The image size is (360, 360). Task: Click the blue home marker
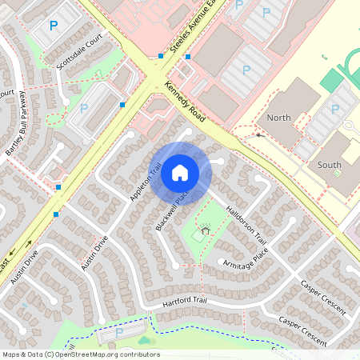[x=180, y=172]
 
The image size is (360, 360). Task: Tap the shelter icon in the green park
[x=206, y=230]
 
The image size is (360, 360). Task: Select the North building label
[x=279, y=118]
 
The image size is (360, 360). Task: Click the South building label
[x=329, y=165]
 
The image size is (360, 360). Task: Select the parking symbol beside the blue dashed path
[x=119, y=332]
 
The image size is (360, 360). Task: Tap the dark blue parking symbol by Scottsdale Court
[x=54, y=26]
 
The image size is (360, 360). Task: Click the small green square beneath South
[x=337, y=173]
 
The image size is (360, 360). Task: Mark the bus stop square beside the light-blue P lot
[x=122, y=104]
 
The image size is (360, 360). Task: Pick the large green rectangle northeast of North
[x=330, y=79]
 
